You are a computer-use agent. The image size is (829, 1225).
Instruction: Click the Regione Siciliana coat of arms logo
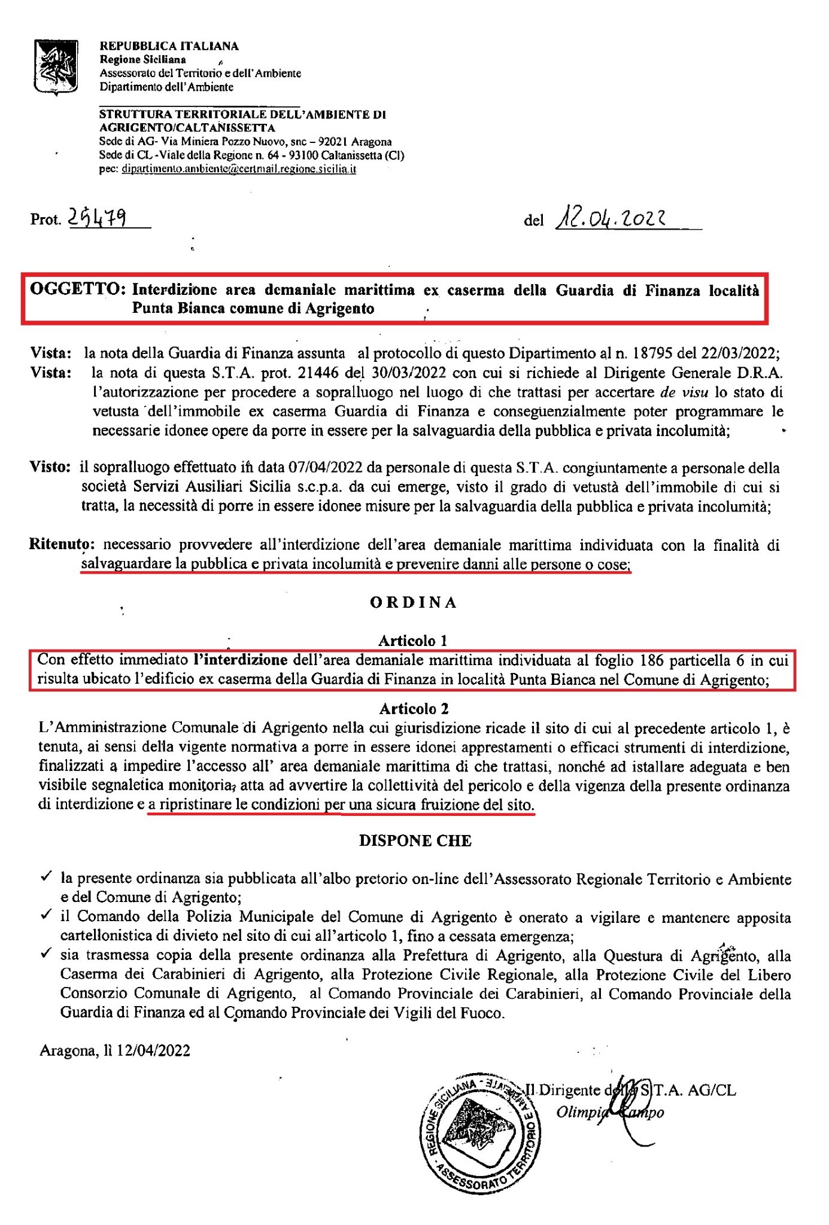point(56,67)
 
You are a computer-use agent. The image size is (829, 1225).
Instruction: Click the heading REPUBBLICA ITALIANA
point(169,46)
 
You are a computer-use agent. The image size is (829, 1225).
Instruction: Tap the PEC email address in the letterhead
point(239,169)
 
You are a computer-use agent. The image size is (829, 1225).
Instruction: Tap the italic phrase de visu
point(684,392)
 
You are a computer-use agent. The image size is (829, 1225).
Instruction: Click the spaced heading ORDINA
point(413,602)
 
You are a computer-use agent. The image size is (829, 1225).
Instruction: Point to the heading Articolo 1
point(413,641)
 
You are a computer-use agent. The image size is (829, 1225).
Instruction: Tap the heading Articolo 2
point(414,709)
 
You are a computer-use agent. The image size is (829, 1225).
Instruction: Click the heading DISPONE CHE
point(415,841)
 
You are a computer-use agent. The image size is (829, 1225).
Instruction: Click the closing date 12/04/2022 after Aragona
point(154,1051)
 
